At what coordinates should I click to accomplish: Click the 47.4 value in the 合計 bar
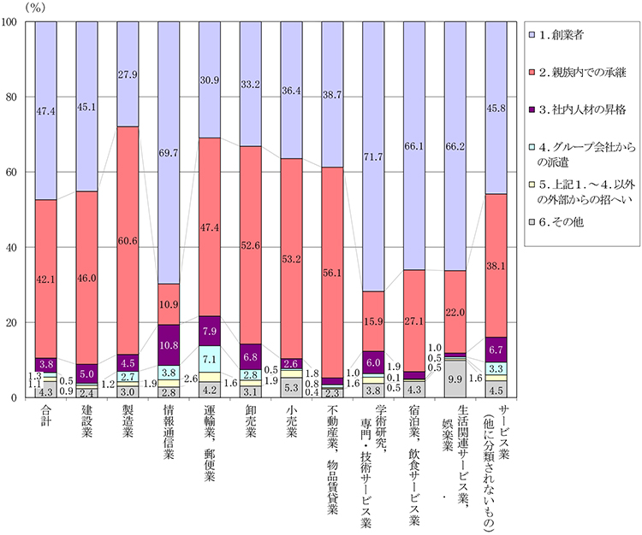click(46, 111)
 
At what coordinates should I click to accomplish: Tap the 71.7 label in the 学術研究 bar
click(375, 158)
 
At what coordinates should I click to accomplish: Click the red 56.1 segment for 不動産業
click(334, 273)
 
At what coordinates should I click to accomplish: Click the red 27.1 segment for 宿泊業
click(416, 324)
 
